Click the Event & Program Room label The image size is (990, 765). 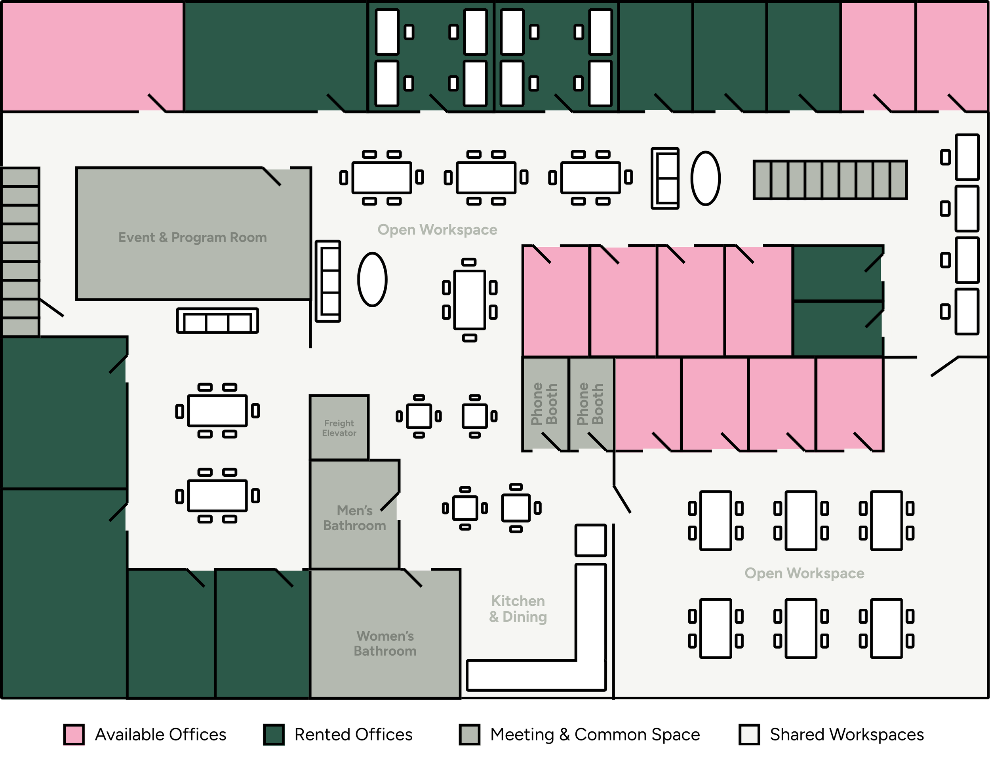[192, 238]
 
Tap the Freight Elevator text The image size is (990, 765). [339, 428]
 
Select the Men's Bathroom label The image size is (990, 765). [354, 518]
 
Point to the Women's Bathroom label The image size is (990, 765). [385, 643]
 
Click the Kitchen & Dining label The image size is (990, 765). [518, 609]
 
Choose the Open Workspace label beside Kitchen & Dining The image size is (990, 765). [804, 573]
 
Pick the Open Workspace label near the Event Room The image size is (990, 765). [438, 230]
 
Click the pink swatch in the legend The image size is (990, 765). [74, 735]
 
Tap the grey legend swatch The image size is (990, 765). [470, 735]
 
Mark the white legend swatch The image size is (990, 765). [749, 735]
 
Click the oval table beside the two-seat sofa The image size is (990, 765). [705, 178]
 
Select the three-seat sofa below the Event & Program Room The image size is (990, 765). [217, 321]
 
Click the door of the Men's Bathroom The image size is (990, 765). [390, 501]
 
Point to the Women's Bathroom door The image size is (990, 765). [413, 578]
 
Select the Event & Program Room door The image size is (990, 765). [272, 177]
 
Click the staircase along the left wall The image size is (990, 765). [21, 251]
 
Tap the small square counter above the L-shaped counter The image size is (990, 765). [591, 540]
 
